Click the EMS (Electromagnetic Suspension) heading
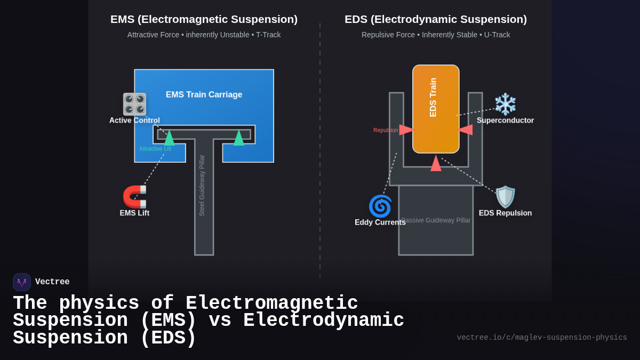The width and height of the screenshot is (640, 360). tap(204, 19)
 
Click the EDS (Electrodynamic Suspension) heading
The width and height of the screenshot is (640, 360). tap(435, 19)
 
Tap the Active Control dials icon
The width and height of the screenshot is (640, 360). tap(134, 104)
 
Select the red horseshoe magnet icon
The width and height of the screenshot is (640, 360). tap(134, 196)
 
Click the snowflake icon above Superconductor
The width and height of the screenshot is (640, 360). tap(505, 104)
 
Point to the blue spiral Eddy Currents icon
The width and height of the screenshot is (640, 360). tap(380, 206)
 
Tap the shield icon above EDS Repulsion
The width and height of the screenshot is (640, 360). tap(505, 197)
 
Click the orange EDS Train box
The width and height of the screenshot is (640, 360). tap(436, 109)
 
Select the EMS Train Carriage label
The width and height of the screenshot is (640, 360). tap(204, 94)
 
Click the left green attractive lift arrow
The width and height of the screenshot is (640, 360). tap(169, 138)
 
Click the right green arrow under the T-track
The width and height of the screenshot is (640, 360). tap(239, 138)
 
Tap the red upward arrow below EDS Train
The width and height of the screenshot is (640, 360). tap(436, 163)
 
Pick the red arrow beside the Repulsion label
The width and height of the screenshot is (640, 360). tap(406, 130)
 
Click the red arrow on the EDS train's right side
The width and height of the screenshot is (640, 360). tap(465, 130)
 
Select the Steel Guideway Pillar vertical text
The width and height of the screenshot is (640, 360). tap(202, 185)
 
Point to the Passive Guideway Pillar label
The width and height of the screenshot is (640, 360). tap(436, 220)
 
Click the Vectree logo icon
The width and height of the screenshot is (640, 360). tap(22, 282)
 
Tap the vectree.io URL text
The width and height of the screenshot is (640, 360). tap(541, 338)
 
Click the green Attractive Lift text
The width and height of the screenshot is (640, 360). tap(155, 149)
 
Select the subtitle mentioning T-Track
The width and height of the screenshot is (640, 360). tap(204, 35)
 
